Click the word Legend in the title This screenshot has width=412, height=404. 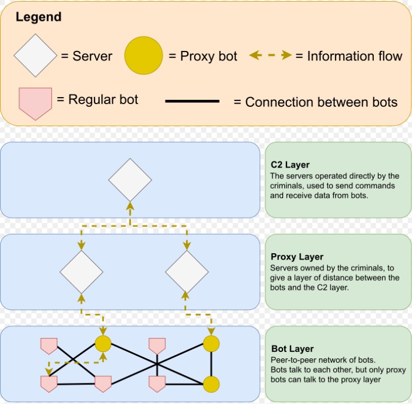38,17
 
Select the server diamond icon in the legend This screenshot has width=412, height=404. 35,56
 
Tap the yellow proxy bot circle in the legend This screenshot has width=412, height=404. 143,56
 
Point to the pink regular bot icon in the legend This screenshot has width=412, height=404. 35,100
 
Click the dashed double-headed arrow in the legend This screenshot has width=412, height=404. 270,56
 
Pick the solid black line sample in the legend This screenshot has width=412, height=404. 192,101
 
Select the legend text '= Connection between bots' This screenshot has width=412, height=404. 315,102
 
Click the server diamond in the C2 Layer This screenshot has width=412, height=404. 130,180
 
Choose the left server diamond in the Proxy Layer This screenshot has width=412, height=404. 81,272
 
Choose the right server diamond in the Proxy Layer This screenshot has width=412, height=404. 186,272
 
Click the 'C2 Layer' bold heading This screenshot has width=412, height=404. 290,165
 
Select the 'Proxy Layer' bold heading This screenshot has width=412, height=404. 296,257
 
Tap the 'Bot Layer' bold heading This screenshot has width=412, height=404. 292,349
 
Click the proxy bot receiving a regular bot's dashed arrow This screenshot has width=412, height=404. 102,344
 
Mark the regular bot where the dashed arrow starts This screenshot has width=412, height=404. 49,383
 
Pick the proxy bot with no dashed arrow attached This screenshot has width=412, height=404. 212,384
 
